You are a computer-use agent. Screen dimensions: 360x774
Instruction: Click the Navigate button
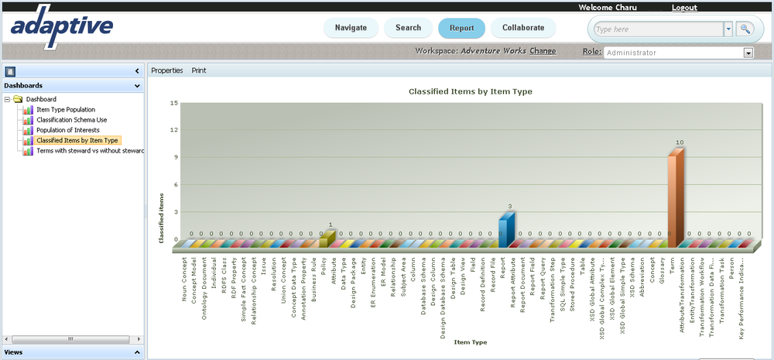point(351,28)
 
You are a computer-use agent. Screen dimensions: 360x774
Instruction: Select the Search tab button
point(408,28)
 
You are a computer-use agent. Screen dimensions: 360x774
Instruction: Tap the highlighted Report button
point(461,28)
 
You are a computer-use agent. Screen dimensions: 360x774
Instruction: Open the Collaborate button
point(523,28)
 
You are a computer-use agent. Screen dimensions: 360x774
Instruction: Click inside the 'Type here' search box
point(658,29)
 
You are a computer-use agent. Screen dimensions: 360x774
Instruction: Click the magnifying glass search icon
point(745,29)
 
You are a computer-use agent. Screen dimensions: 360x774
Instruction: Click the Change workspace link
point(543,51)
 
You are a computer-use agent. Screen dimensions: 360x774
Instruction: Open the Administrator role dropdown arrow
point(748,53)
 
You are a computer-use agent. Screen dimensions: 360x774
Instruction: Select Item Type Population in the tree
point(66,110)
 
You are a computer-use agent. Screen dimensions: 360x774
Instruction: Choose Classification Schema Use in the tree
point(71,120)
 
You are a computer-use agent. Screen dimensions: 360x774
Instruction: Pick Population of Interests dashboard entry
point(68,130)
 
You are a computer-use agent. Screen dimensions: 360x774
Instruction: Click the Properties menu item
point(167,70)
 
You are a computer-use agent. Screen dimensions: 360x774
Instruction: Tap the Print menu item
point(199,70)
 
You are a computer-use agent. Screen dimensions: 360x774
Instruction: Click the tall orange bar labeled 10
point(676,197)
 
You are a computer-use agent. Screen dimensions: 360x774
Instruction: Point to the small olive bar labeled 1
point(326,239)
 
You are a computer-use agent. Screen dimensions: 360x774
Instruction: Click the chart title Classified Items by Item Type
point(471,91)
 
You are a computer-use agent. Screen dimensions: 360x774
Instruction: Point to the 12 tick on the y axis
point(174,130)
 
